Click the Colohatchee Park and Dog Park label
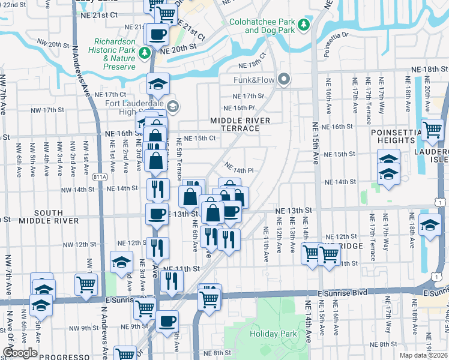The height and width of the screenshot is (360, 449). point(262,26)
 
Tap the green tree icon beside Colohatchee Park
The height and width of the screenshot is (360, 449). point(304,24)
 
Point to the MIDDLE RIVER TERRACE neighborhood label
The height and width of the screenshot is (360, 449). point(240,125)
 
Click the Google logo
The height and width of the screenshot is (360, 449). point(20,353)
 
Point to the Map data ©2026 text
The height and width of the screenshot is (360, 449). point(423,355)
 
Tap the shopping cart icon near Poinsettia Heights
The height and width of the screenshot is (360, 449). point(432,130)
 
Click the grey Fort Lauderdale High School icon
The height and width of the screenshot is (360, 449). point(173,107)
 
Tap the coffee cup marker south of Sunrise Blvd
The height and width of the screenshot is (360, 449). point(167,320)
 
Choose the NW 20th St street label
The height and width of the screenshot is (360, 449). point(53,44)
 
